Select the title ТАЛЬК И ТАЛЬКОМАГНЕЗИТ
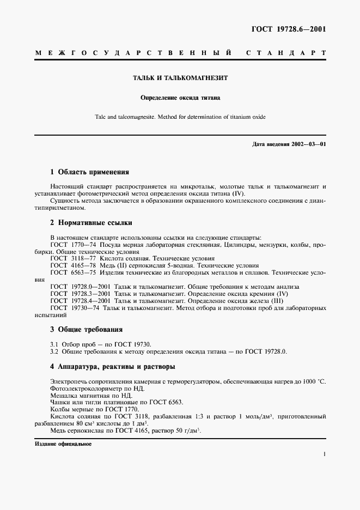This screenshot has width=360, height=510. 180,78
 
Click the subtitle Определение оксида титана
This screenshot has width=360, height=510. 180,99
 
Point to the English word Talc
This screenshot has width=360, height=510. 101,117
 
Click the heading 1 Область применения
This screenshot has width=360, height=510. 89,172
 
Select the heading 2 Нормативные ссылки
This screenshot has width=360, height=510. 91,223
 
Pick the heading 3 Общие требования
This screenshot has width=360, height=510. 86,330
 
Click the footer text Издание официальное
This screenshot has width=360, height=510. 63,444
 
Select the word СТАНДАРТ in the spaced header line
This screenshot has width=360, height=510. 286,53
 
